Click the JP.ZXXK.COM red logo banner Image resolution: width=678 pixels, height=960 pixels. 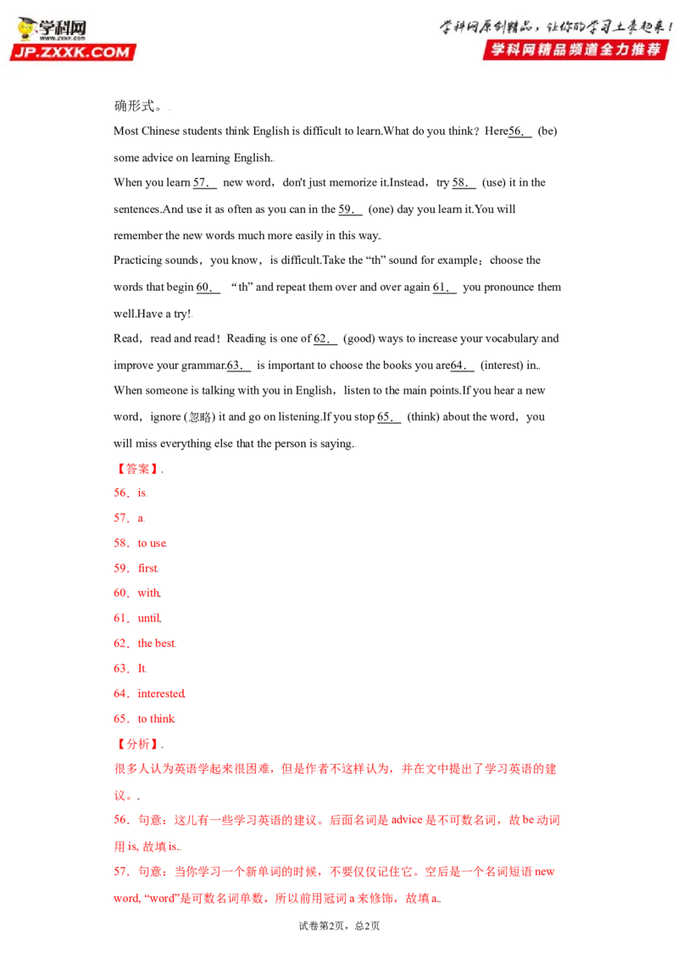tap(73, 52)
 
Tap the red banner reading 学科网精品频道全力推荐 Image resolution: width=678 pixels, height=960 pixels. tap(575, 49)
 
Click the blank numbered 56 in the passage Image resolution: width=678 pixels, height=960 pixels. tap(520, 131)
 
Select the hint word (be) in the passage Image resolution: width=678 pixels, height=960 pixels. tap(547, 131)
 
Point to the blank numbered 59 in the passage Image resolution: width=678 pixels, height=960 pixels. tap(350, 209)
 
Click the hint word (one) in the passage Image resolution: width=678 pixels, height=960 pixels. tap(380, 209)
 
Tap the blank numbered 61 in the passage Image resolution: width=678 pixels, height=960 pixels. tap(444, 287)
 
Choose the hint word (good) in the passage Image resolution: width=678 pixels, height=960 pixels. tap(358, 338)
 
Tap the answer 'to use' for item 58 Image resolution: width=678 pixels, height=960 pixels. tap(152, 544)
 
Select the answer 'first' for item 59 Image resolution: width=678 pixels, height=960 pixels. tap(147, 569)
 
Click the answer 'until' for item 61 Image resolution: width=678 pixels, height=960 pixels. tap(149, 618)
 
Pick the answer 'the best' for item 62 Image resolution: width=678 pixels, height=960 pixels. tap(157, 644)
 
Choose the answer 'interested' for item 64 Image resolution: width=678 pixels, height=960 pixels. tap(161, 694)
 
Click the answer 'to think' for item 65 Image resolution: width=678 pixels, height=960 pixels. tap(156, 719)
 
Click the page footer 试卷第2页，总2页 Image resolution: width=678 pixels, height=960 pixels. tap(339, 926)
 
